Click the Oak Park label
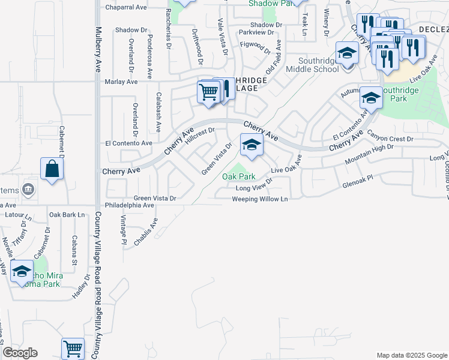point(239,176)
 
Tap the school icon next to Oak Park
point(252,145)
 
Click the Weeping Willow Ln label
point(260,199)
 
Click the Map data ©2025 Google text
point(411,355)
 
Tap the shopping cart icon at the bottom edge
point(73,348)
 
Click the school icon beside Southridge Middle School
point(347,53)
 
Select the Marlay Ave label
point(121,82)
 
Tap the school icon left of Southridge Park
point(371,98)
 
